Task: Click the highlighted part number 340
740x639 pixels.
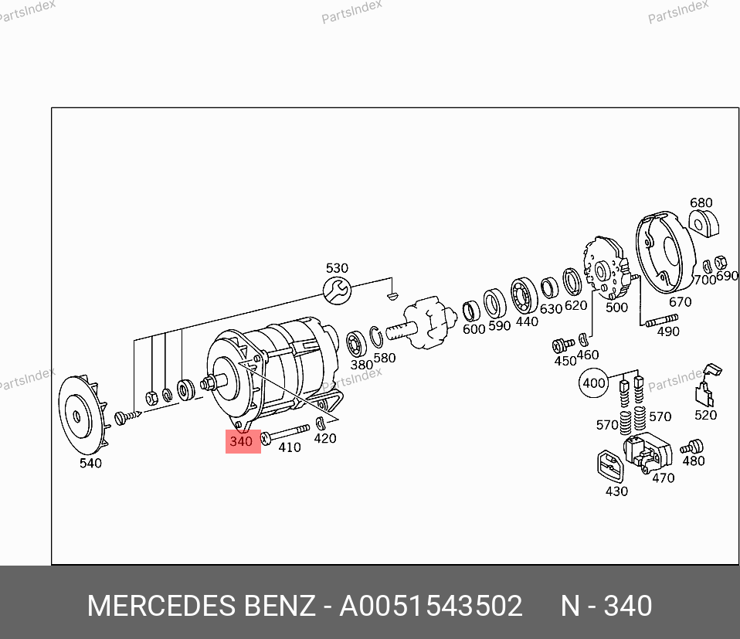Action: (241, 441)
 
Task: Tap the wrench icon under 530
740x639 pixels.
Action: (337, 291)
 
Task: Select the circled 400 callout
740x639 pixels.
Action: (593, 382)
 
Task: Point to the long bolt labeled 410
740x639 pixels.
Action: (286, 433)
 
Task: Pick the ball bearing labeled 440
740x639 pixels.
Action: (524, 295)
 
